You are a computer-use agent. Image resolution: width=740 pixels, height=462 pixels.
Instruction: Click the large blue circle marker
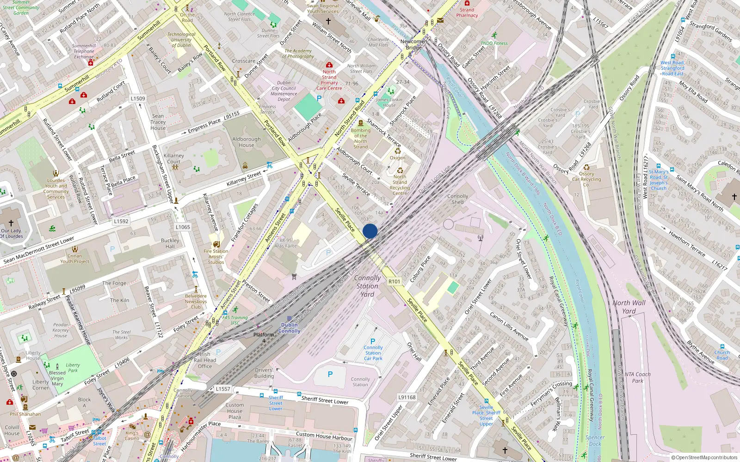point(370,231)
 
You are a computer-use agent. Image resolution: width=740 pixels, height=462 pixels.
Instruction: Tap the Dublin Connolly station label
point(290,328)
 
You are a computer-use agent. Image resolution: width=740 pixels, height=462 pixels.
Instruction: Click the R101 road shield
point(394,281)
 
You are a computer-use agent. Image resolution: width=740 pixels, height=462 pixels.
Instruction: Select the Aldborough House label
point(247,142)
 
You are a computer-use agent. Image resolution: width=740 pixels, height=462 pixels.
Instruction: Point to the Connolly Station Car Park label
point(373,353)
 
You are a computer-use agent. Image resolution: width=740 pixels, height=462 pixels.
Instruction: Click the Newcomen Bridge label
point(413,44)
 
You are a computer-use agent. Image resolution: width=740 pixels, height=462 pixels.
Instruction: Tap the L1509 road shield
point(138,98)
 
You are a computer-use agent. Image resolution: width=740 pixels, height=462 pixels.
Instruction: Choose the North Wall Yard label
point(629,307)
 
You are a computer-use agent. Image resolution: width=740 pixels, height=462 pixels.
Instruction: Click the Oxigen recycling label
point(397,158)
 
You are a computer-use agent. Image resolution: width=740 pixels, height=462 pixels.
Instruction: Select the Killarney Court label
point(174,158)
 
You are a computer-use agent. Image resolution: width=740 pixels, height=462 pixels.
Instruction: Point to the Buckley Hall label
point(170,243)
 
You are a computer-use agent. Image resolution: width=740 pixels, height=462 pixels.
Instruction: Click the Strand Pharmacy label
point(467,12)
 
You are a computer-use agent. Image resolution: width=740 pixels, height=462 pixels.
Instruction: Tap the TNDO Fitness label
point(494,43)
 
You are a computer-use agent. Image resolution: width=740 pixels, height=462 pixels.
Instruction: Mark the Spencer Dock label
point(595,441)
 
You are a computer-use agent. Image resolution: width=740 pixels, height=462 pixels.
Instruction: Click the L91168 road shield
point(407,397)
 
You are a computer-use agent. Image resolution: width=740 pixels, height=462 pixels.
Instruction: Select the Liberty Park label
point(73,368)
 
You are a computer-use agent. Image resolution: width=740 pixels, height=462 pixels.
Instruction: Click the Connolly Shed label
point(458,199)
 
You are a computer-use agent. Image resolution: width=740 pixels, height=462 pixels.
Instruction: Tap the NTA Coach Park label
point(637,377)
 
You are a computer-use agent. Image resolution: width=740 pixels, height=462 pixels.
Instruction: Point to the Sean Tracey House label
point(158,122)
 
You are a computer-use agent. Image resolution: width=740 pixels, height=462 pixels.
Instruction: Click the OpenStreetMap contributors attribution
point(704,458)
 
